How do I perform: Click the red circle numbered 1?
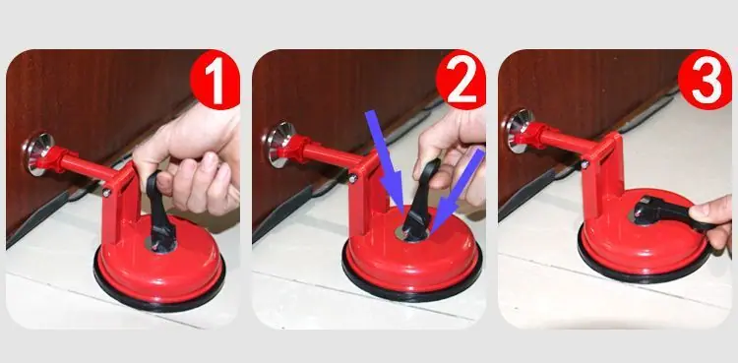click(215, 80)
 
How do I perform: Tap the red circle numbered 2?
click(461, 80)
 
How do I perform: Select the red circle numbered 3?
click(705, 80)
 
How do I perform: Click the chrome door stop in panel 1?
click(36, 154)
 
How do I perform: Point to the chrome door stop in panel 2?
click(280, 145)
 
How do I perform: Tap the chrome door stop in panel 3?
click(519, 131)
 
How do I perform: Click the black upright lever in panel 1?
click(160, 212)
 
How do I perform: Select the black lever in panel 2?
click(420, 202)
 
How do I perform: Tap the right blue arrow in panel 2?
click(456, 191)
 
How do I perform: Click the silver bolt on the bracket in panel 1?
click(107, 193)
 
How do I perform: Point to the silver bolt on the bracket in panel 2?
click(353, 178)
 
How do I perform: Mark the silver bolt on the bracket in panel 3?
click(584, 164)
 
